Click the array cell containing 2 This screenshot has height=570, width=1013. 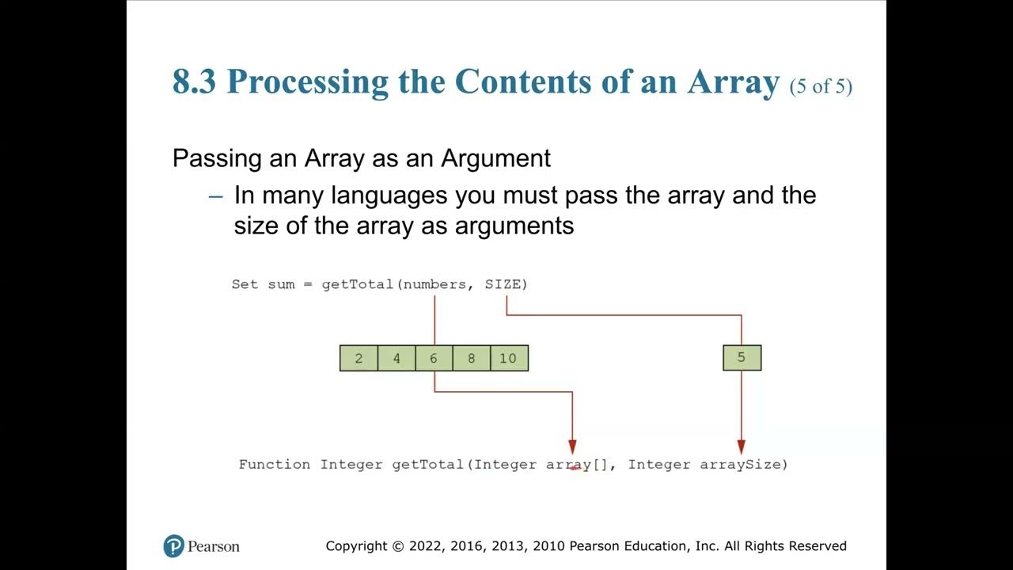tap(359, 359)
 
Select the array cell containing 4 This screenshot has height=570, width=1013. tap(396, 359)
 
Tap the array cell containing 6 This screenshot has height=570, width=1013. tap(434, 359)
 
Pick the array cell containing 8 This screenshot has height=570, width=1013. tap(471, 359)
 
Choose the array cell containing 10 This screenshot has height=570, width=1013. tap(508, 359)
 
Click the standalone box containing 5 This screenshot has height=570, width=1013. tap(742, 358)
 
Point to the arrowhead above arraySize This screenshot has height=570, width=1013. tap(742, 447)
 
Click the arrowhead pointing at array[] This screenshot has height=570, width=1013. tap(572, 447)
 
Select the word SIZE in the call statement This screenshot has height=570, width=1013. tap(503, 284)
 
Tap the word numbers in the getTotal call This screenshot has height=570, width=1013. tap(434, 284)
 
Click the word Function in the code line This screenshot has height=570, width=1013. tap(275, 465)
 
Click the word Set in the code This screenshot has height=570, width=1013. tap(245, 284)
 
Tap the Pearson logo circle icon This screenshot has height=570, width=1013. tap(173, 546)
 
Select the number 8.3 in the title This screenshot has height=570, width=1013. tap(194, 82)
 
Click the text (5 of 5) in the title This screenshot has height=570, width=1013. tap(821, 86)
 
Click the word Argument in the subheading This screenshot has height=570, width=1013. tap(495, 158)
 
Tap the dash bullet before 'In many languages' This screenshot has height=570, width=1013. tap(216, 196)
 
